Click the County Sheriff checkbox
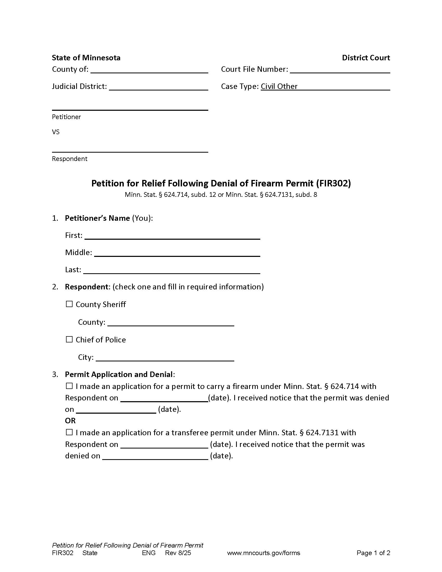pos(69,304)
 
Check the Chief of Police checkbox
pos(69,339)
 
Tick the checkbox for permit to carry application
pos(69,386)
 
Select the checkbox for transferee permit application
pos(69,432)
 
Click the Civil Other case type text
pos(279,86)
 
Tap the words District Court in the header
pos(366,58)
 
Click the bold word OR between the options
pos(70,421)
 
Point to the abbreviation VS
pos(56,132)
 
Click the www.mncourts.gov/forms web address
pos(263,553)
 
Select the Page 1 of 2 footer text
pos(373,553)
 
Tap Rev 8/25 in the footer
pos(178,553)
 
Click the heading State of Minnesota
pos(86,58)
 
